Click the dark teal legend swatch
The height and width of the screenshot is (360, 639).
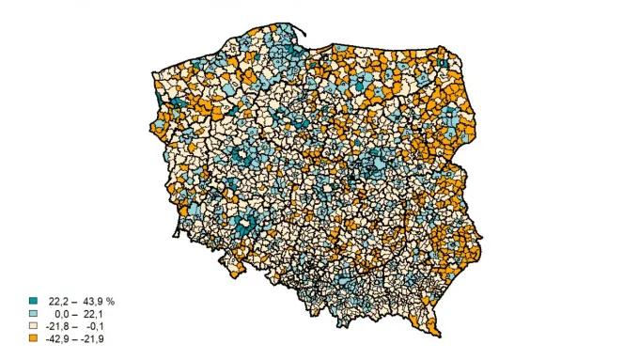coord(33,301)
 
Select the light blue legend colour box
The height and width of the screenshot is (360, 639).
coord(33,313)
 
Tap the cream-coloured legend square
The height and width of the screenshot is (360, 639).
coord(33,325)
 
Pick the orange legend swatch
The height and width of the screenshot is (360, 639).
coord(33,337)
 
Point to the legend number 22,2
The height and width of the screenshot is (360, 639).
coord(58,301)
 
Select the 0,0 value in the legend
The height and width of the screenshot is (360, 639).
coord(62,313)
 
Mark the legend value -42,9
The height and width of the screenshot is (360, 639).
coord(56,337)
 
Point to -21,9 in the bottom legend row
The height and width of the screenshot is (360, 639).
coord(92,337)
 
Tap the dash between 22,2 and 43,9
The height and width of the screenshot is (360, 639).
coord(74,301)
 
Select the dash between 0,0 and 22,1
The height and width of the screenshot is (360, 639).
coord(74,313)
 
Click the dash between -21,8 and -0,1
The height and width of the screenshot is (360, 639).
coord(74,325)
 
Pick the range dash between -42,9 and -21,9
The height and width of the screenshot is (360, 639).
coord(74,337)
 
